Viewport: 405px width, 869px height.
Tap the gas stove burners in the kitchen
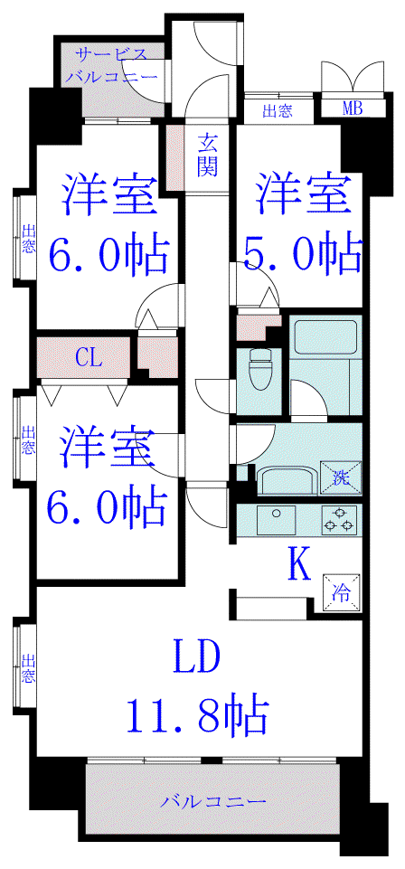coord(338,520)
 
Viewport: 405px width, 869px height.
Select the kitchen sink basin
coord(276,520)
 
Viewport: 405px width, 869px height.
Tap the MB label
coord(352,109)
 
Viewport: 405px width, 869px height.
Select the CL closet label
coord(88,359)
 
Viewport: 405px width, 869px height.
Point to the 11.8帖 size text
coord(198,715)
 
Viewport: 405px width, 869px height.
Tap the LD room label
coord(197,656)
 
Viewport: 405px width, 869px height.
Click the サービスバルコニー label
coord(112,65)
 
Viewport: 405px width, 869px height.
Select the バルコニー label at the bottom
coord(214,801)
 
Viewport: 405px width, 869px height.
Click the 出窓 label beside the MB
coord(277,111)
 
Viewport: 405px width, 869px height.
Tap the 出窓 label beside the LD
coord(28,668)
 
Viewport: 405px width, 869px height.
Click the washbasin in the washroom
coord(287,479)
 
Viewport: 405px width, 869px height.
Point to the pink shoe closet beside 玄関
coord(174,159)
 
